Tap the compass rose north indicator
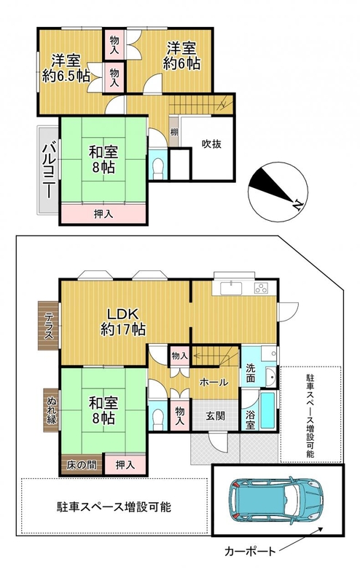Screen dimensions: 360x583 (278, 192)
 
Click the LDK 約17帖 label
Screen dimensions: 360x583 (123, 321)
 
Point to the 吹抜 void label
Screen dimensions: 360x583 (211, 144)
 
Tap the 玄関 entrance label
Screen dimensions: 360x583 (215, 415)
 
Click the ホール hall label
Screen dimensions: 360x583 (214, 382)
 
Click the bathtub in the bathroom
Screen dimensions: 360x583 (267, 410)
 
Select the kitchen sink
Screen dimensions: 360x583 (231, 288)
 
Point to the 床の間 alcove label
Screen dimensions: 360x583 (82, 464)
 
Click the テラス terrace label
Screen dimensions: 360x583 (50, 326)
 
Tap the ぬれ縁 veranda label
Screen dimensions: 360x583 (51, 410)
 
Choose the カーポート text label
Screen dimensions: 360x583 (250, 551)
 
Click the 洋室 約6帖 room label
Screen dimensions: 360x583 (181, 56)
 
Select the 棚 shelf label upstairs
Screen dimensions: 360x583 (174, 132)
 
